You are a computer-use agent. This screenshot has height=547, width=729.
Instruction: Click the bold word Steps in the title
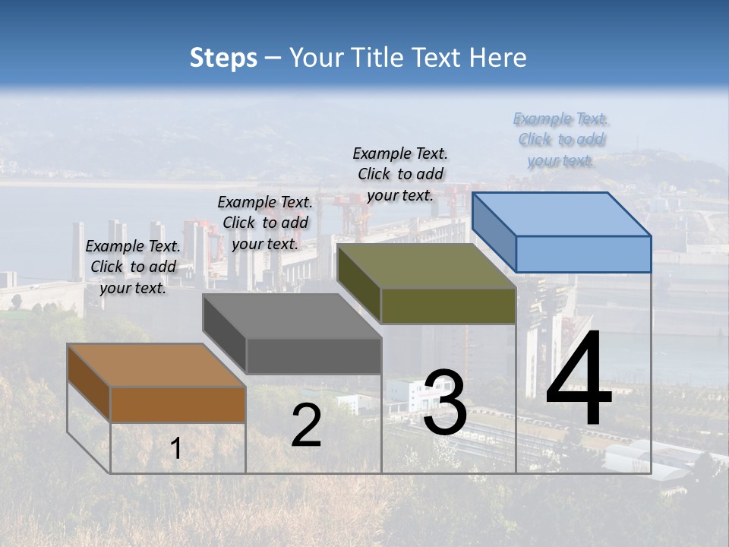223,58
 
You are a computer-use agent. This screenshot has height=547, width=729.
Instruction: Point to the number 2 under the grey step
306,425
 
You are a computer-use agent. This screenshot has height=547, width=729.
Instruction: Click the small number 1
176,449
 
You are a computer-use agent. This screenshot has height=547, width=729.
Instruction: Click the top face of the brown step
156,365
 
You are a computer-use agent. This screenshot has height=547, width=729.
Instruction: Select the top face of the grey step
292,315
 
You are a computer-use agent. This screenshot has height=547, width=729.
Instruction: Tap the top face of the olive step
427,266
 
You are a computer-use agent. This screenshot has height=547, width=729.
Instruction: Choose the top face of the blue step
562,213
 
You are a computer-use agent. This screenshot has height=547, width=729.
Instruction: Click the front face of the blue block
583,254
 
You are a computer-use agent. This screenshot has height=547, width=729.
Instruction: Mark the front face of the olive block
448,306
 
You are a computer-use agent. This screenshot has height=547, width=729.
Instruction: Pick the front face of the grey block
314,356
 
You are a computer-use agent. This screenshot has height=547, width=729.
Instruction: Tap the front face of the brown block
178,405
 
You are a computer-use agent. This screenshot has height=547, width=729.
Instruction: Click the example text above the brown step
133,267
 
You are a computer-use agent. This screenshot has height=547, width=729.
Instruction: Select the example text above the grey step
265,223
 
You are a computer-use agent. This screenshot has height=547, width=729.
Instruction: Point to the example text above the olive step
400,174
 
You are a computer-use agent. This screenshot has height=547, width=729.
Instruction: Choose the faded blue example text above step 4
561,139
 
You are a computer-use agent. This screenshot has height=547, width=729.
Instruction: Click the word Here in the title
498,58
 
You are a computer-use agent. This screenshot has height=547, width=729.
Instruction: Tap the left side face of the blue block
494,232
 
